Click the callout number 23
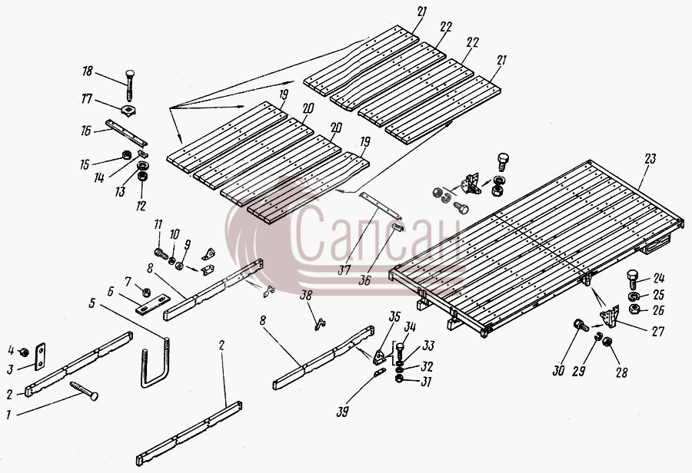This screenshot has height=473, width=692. point(650,159)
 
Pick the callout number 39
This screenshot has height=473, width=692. point(342,411)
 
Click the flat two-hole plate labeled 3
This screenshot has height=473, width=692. point(40,356)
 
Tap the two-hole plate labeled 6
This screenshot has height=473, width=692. point(153,304)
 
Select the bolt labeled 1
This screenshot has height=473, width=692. point(84,391)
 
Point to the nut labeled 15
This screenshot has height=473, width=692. point(126,155)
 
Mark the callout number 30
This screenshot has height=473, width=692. point(559,370)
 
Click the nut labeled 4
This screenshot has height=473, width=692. point(25,352)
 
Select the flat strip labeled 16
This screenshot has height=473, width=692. point(126,133)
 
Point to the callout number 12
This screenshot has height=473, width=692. point(141,206)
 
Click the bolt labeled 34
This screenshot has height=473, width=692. point(400,353)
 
